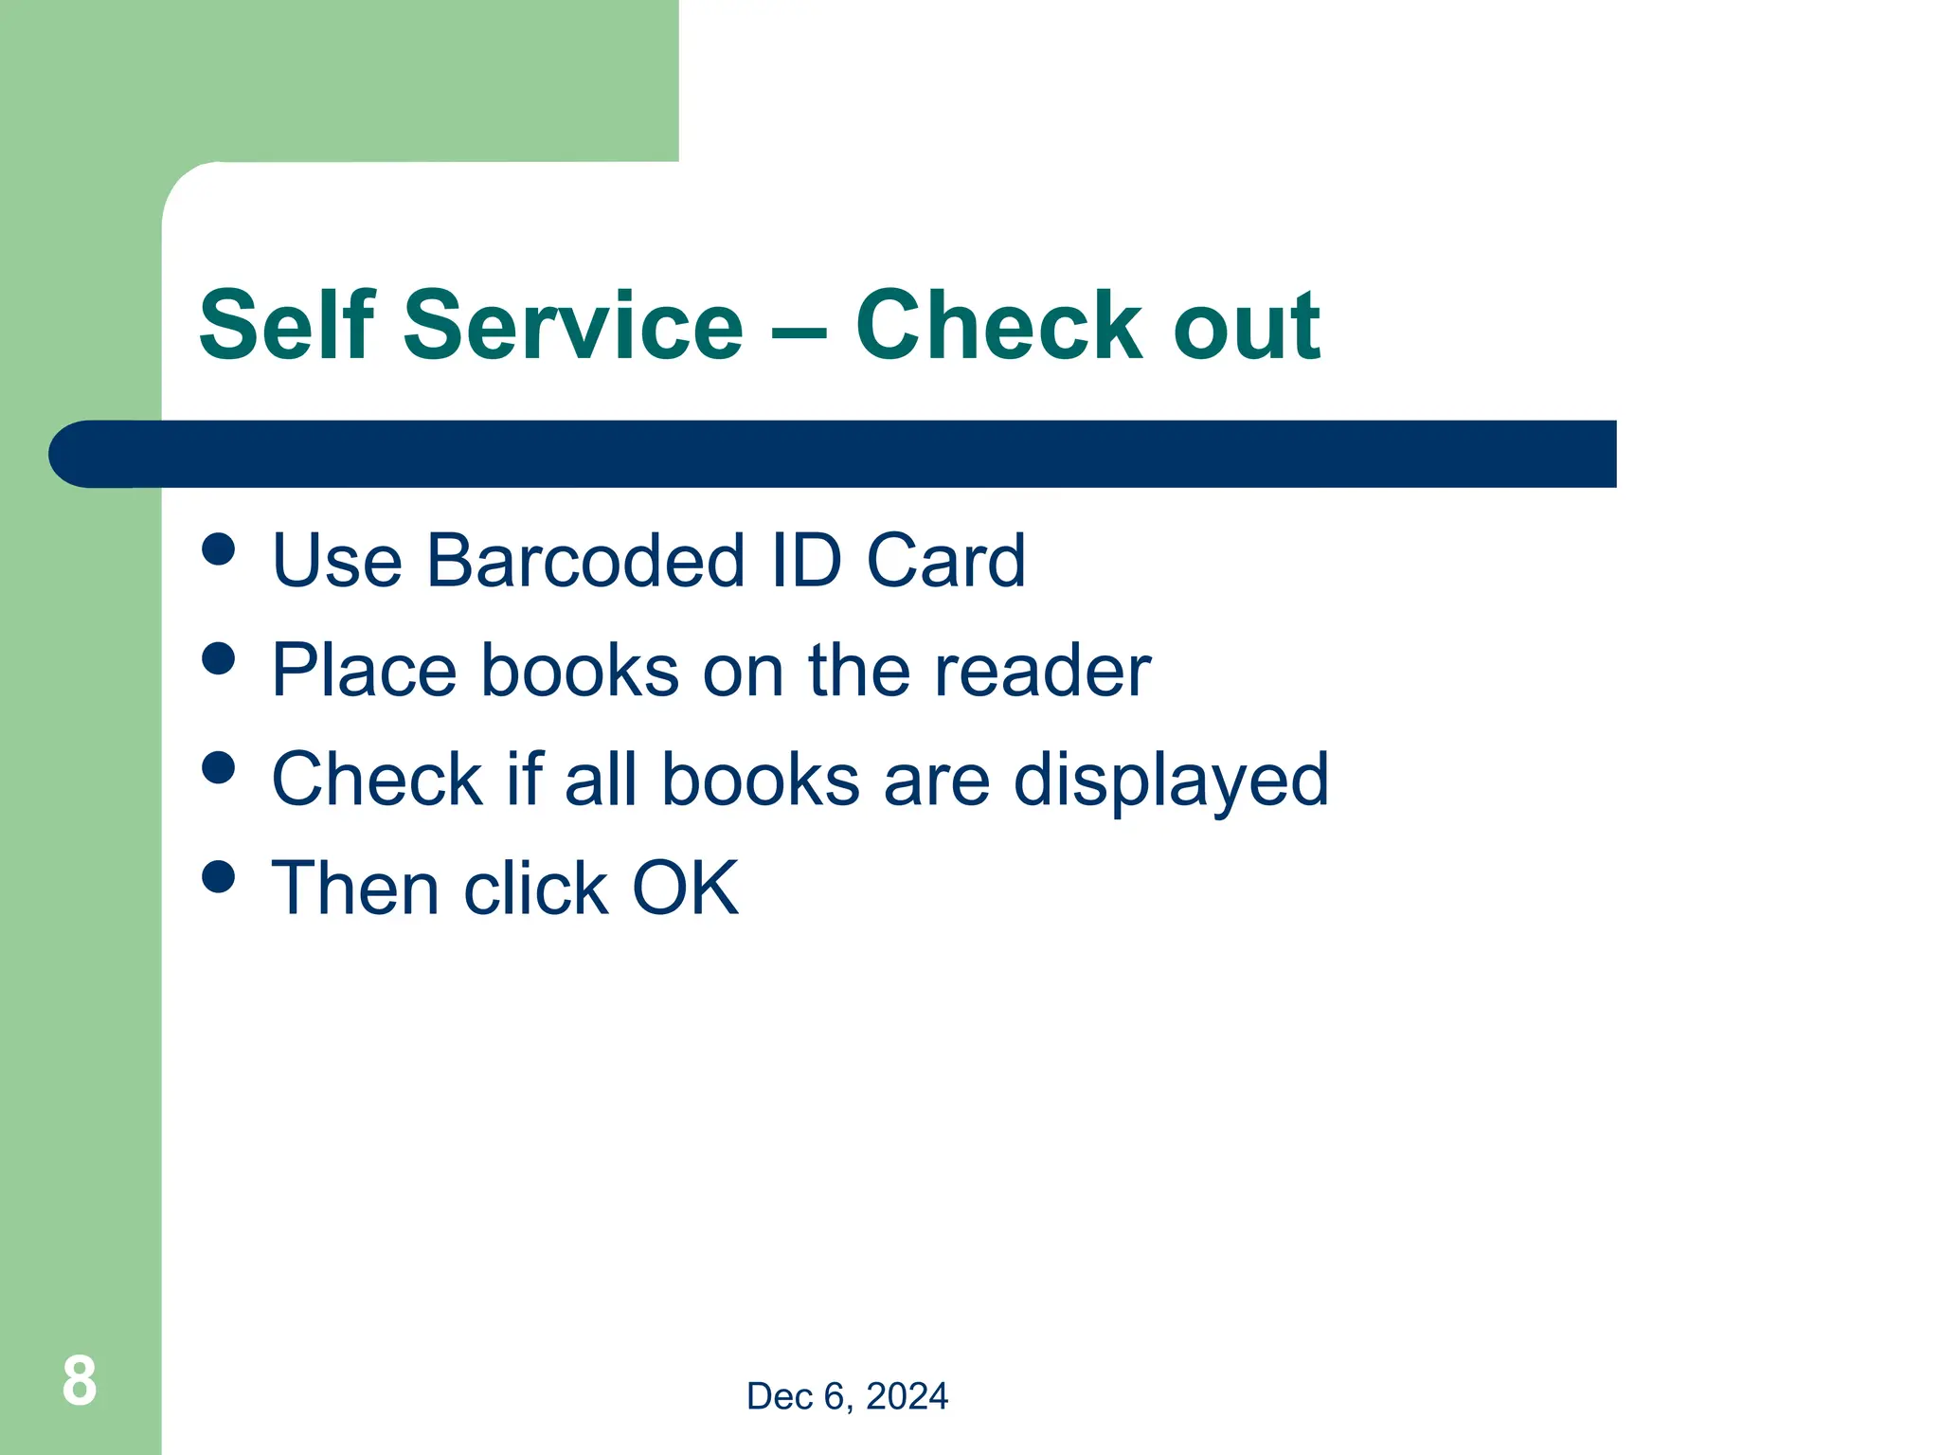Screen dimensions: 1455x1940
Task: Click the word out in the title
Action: pyautogui.click(x=1246, y=327)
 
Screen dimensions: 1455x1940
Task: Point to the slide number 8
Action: pyautogui.click(x=80, y=1380)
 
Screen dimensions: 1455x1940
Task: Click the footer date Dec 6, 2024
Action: pyautogui.click(x=847, y=1396)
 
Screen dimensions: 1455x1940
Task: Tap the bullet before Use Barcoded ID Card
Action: pyautogui.click(x=219, y=549)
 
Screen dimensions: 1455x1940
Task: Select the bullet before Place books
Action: pyautogui.click(x=219, y=658)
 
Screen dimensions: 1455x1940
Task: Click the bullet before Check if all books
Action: pyautogui.click(x=219, y=767)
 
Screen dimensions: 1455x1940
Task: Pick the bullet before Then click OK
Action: pyautogui.click(x=219, y=876)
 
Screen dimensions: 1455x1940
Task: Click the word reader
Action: pyautogui.click(x=1042, y=671)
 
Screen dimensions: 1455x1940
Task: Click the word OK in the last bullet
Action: pyautogui.click(x=685, y=889)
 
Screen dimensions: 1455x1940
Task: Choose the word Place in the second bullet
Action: pyautogui.click(x=364, y=671)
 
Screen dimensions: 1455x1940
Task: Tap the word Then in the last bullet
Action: pyautogui.click(x=355, y=889)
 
